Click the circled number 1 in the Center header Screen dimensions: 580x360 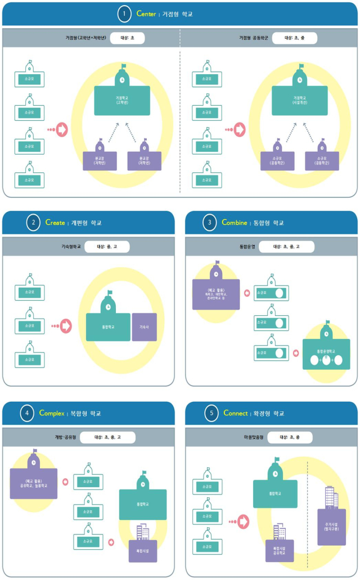tap(124, 14)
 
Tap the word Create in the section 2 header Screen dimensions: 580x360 tap(55, 223)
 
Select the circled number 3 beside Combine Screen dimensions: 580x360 tap(210, 223)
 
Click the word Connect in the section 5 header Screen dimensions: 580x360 tap(235, 414)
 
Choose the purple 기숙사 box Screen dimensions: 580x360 tap(144, 327)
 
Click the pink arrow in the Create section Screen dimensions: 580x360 tap(66, 325)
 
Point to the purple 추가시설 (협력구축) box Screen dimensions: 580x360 tap(331, 526)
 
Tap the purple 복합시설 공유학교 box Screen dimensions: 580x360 tap(280, 551)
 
